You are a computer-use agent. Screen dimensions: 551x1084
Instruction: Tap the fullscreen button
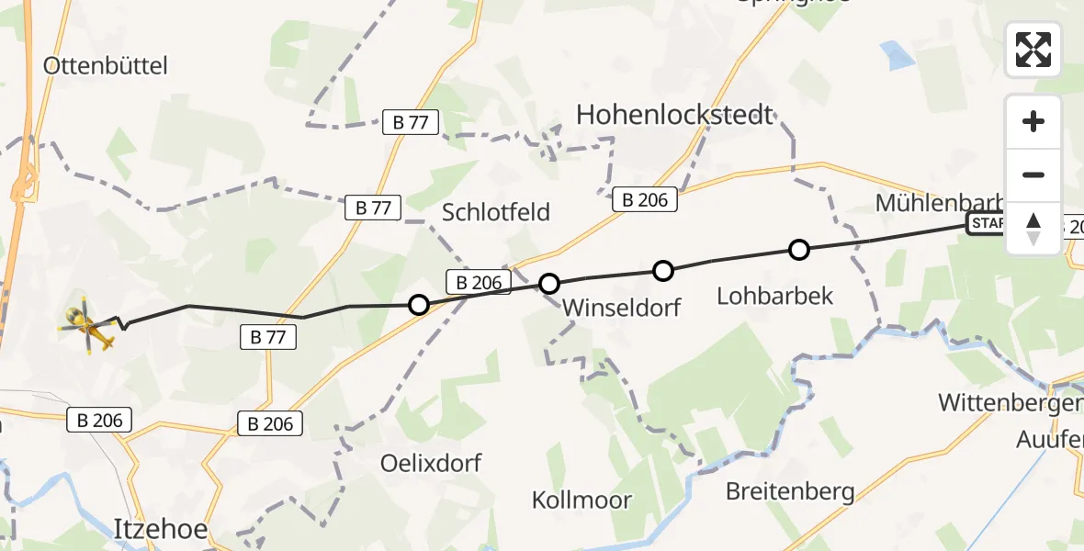click(1033, 50)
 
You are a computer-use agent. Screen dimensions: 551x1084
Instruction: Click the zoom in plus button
click(1033, 121)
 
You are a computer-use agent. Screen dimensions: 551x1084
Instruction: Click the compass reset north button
click(1033, 229)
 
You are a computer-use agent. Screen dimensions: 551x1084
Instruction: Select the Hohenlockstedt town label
click(675, 115)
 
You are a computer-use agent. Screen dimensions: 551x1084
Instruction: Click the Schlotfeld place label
click(496, 212)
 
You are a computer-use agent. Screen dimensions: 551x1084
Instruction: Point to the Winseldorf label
click(623, 307)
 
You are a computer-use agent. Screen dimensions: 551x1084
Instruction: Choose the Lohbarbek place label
click(775, 295)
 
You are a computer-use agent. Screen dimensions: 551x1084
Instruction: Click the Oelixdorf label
click(431, 463)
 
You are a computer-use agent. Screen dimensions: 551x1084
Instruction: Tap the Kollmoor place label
click(582, 500)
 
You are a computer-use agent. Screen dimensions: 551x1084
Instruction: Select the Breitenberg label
click(790, 491)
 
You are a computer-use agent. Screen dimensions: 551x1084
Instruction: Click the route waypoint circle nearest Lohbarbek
click(799, 249)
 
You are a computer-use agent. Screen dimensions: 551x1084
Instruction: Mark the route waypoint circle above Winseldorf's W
click(549, 284)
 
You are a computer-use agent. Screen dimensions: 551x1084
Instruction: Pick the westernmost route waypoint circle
click(418, 305)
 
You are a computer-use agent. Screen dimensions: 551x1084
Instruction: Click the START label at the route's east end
click(987, 223)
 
